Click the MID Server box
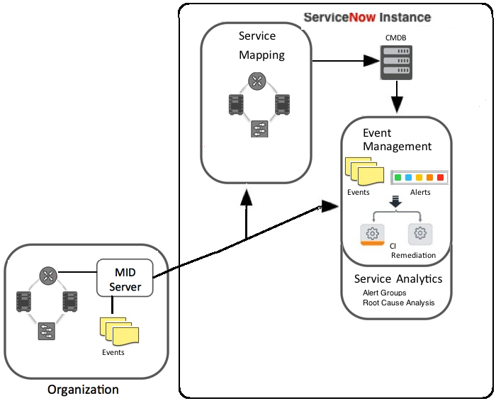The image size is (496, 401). click(125, 278)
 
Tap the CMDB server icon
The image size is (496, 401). click(396, 62)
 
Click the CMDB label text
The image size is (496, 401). click(395, 38)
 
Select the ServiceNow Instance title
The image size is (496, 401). click(367, 17)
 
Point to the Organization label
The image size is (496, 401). click(83, 390)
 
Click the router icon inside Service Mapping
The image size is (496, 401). click(257, 80)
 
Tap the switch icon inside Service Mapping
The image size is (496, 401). click(259, 129)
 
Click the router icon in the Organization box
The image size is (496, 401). click(48, 275)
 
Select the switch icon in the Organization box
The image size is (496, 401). click(47, 331)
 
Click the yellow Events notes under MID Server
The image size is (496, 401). click(119, 331)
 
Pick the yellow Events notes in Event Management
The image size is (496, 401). click(364, 171)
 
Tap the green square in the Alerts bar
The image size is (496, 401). click(398, 177)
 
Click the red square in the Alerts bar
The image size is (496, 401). click(440, 177)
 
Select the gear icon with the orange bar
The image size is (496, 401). click(372, 235)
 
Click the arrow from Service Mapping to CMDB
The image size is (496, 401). click(346, 61)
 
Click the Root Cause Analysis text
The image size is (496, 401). click(398, 303)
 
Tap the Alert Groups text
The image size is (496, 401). click(384, 293)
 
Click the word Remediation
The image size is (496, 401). click(413, 255)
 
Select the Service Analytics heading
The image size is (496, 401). click(398, 279)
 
